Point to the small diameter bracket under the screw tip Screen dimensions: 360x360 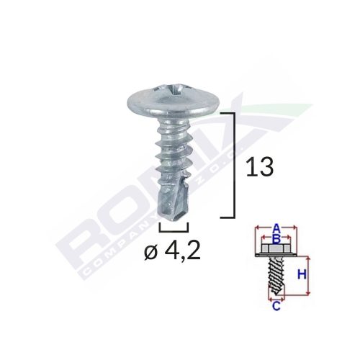pos(168,230)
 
